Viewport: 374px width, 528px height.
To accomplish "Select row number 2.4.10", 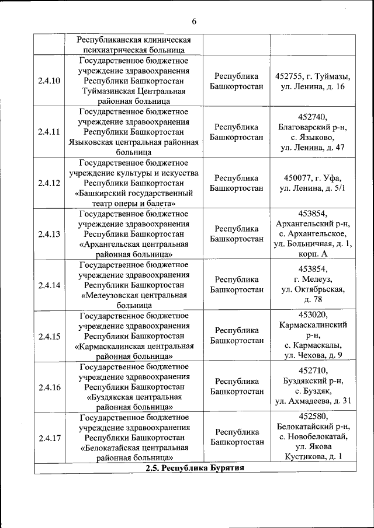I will click(49, 81).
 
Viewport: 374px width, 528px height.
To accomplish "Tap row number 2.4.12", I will click(49, 183).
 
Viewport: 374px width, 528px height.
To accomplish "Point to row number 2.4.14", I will click(49, 285).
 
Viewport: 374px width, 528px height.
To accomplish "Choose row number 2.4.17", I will click(49, 439).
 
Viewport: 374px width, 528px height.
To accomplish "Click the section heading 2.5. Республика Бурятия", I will click(195, 468).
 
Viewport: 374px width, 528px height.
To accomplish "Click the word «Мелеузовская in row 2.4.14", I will click(111, 295).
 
